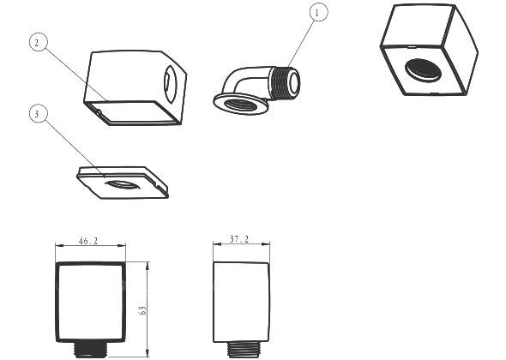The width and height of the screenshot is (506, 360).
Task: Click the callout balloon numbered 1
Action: [318, 13]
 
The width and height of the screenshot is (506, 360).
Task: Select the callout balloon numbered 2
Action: [38, 42]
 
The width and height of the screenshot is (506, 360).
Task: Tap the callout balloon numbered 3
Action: [39, 113]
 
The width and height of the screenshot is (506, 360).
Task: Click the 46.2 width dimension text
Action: [88, 241]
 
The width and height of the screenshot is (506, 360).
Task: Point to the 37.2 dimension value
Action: [239, 239]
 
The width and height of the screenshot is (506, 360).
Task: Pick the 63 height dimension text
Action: [142, 310]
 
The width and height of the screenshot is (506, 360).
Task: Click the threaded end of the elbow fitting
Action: [286, 82]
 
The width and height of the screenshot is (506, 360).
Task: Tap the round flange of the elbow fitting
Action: [241, 104]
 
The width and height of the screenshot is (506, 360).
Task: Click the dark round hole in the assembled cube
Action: [424, 69]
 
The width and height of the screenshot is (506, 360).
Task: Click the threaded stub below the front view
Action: [90, 350]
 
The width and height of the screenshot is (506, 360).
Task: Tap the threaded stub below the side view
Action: [244, 350]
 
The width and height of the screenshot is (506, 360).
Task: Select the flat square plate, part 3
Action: [123, 183]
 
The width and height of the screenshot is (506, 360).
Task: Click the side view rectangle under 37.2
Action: [241, 302]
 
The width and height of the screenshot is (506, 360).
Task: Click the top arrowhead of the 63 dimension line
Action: [148, 265]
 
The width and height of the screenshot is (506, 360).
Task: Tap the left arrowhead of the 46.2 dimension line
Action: [59, 245]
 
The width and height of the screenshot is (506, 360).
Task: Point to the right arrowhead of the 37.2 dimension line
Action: [266, 244]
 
